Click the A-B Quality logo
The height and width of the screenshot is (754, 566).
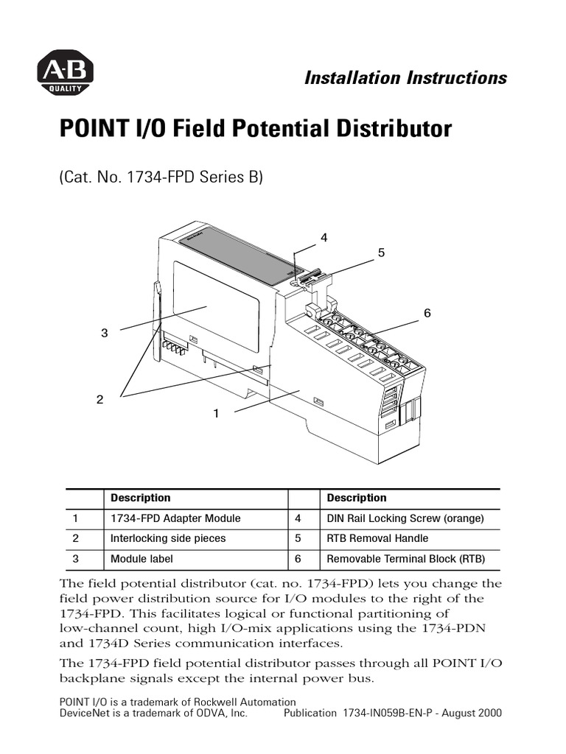(65, 75)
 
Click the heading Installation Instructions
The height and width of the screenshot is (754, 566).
(405, 78)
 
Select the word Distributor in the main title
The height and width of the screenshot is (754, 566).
(390, 129)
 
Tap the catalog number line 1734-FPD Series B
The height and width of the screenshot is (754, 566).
(161, 177)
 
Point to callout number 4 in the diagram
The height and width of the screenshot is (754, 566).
(324, 237)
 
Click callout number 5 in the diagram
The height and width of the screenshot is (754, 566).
(381, 253)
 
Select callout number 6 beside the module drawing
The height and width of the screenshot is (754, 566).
(427, 313)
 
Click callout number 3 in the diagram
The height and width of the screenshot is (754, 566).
(104, 333)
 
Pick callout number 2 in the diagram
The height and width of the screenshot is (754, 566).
(99, 399)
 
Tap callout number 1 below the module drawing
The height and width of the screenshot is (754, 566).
(216, 414)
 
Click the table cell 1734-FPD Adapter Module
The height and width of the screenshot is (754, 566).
(175, 518)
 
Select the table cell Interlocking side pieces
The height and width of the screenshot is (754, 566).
(168, 538)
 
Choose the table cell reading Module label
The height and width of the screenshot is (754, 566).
(141, 559)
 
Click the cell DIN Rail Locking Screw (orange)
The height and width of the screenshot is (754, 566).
(405, 518)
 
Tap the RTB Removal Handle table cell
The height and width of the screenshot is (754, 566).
(377, 538)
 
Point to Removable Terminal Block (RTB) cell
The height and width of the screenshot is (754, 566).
(406, 559)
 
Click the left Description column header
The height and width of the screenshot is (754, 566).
(140, 498)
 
